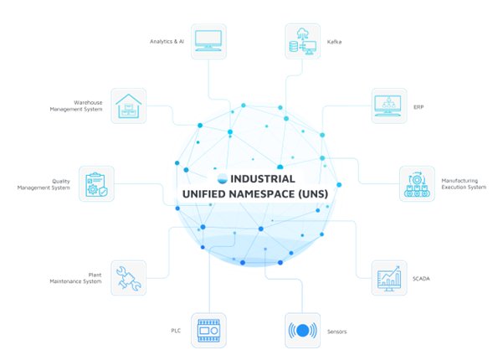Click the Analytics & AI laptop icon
coord(209,40)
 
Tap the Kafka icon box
coord(300,40)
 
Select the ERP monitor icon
coord(389,106)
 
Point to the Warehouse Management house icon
coord(128,106)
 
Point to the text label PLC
coord(176,332)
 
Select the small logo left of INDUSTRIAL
coord(221,178)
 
